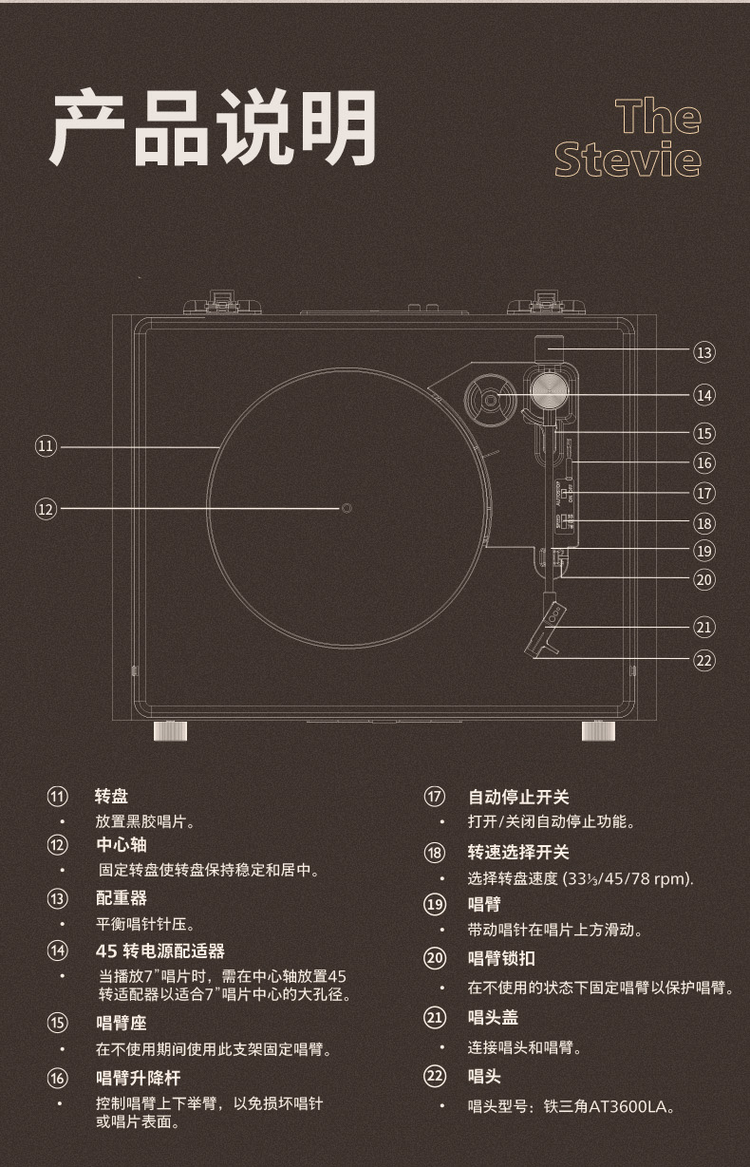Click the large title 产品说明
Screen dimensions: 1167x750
[x=213, y=128]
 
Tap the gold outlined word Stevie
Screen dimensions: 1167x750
[x=628, y=160]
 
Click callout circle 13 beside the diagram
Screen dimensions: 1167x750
[x=703, y=352]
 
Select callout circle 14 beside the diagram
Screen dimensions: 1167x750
[x=703, y=394]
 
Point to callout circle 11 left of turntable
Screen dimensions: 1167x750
[x=46, y=445]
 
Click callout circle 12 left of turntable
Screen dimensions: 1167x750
[x=46, y=509]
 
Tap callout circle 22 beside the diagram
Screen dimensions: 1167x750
[x=703, y=659]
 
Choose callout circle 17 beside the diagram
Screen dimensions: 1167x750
[x=703, y=493]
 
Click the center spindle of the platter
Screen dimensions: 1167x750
[x=346, y=508]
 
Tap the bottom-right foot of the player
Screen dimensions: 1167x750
[x=598, y=730]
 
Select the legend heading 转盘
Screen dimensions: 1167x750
[x=112, y=796]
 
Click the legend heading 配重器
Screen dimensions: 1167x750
[x=121, y=897]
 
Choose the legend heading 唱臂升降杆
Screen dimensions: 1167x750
[x=138, y=1077]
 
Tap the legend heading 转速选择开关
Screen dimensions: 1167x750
[x=517, y=852]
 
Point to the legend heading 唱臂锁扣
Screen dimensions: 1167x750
[x=500, y=958]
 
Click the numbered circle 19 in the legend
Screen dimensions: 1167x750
[x=435, y=904]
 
